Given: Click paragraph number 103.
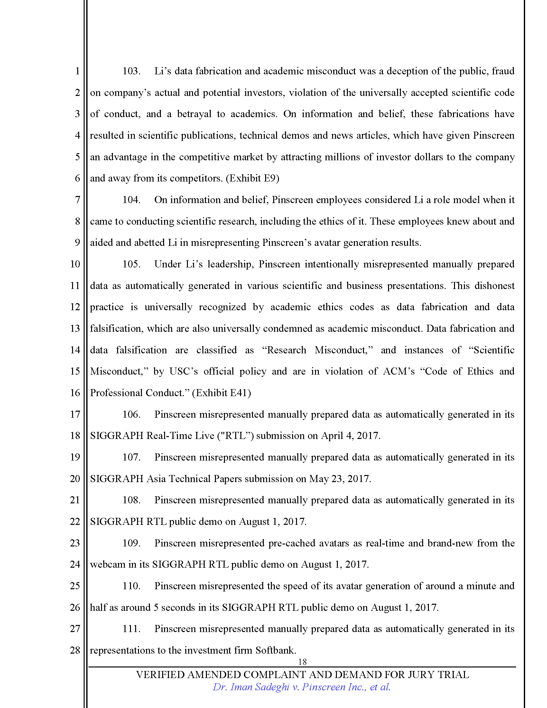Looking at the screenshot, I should pos(131,71).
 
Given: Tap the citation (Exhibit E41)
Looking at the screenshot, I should pos(221,393).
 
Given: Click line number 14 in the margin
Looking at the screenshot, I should pos(75,350).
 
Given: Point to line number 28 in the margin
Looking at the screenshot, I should pos(75,650).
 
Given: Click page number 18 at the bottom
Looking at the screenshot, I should pos(302,662).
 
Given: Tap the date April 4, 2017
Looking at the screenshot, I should pos(350,436).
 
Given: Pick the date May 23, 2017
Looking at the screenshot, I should pos(339,479).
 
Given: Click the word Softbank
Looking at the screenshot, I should pos(275,650).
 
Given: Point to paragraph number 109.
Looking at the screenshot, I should pos(131,543).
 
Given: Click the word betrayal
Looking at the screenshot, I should pos(194,114).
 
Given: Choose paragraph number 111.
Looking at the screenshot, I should pos(131,629).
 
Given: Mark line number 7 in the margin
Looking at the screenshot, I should pos(77,200).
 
